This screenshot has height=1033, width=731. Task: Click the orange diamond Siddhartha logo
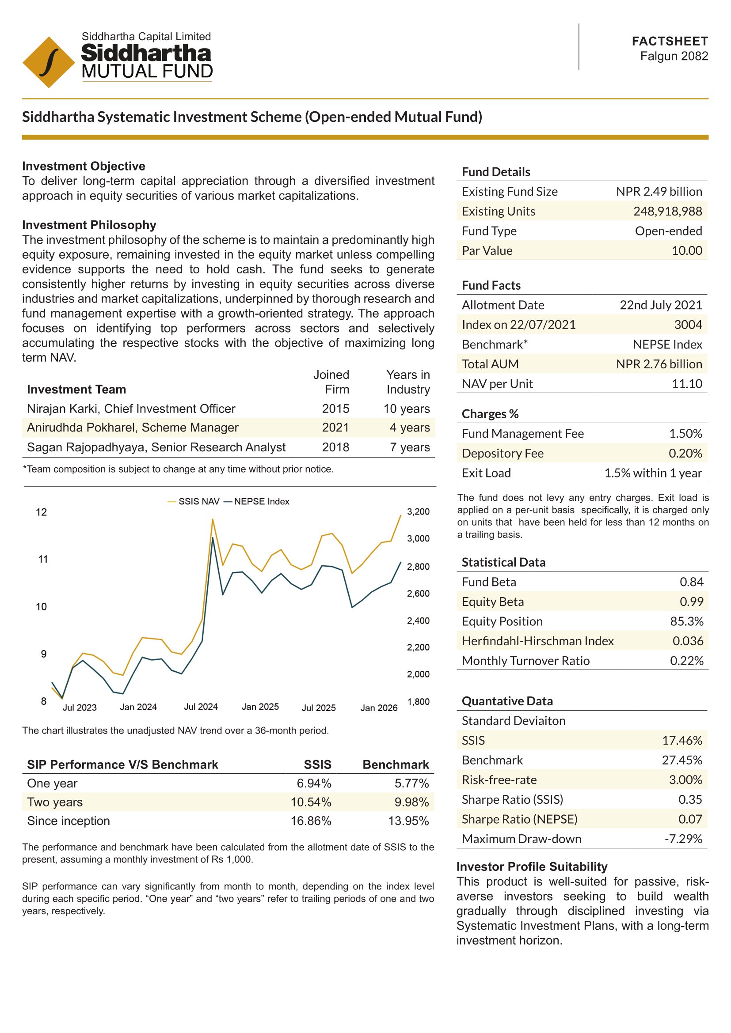point(49,62)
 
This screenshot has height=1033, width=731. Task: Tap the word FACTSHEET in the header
point(670,42)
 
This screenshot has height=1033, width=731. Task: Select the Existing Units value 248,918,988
point(667,212)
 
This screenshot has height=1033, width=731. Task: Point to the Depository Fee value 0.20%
point(685,453)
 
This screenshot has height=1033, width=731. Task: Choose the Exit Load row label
point(486,473)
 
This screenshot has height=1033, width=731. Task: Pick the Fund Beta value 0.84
point(691,582)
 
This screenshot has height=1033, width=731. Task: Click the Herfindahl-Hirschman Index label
point(537,641)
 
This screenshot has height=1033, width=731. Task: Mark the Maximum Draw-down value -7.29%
point(683,839)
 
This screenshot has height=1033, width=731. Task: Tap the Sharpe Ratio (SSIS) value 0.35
point(690,799)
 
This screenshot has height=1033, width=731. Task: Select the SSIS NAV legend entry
point(194,502)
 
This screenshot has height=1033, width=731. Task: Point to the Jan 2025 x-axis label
point(260,707)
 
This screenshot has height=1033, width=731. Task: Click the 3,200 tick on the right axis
point(418,511)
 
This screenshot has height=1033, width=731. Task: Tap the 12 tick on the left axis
point(42,512)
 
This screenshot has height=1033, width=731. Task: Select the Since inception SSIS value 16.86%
point(311,821)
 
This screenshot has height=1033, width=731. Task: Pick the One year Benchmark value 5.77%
point(411,783)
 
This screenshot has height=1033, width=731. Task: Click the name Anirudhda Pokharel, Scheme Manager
point(132,428)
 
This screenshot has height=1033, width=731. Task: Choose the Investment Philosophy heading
point(89,225)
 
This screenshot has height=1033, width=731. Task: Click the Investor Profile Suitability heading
point(532,867)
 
